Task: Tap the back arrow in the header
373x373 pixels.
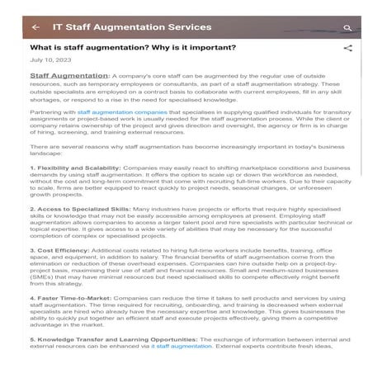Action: coord(35,26)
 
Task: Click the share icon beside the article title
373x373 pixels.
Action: coord(347,48)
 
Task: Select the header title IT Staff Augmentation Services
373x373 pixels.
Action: coord(131,26)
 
